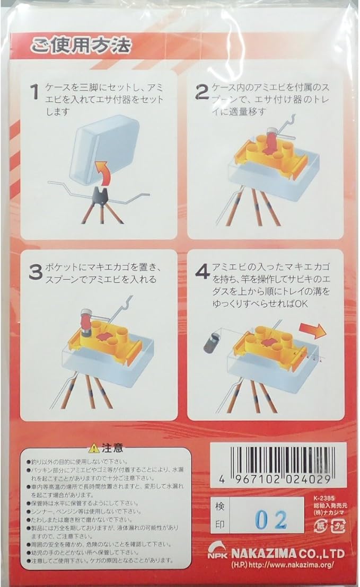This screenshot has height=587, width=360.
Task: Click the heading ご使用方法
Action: point(80,46)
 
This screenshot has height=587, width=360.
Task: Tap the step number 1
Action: point(35,93)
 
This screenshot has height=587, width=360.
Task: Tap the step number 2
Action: point(202,92)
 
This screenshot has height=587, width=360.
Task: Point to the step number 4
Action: point(203,272)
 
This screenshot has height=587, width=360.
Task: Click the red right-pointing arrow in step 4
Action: point(313,331)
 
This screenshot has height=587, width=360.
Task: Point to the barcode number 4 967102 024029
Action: point(278,479)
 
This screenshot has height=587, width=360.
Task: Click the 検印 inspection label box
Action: point(219,515)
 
